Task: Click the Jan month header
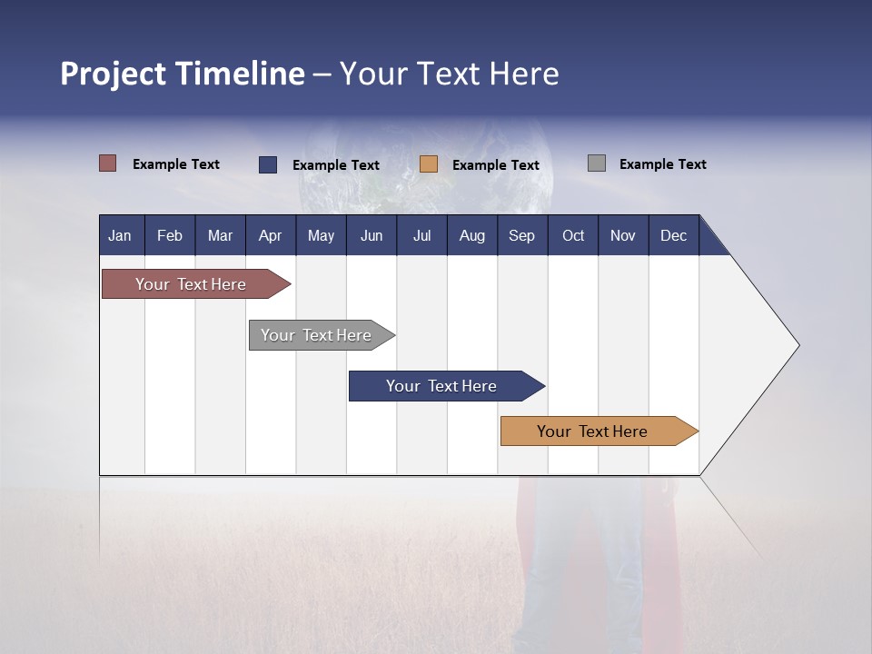120,236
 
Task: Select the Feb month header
170,236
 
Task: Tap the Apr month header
270,236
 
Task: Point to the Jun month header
372,236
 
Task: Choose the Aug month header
471,236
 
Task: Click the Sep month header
521,236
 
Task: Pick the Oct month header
573,236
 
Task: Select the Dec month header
673,236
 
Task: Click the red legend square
108,163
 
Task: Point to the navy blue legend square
268,164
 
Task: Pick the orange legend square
429,164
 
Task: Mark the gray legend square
597,163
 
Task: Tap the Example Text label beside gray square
662,164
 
